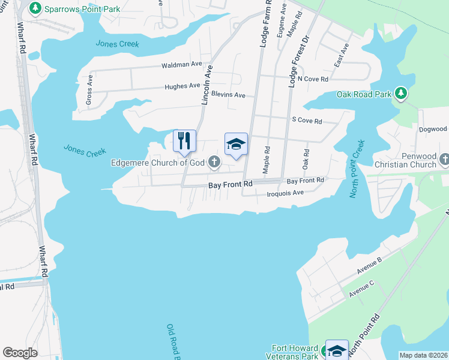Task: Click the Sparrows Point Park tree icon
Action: coord(35,9)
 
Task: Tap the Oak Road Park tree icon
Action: coord(401,94)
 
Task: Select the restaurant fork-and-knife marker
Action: coord(185,141)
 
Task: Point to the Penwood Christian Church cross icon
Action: coord(444,159)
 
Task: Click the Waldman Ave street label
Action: coord(181,64)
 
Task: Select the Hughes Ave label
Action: coord(182,86)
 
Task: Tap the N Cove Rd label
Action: coord(313,79)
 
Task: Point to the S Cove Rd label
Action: coord(307,121)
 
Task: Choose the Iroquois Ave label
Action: coord(285,193)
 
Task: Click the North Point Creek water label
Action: coord(357,168)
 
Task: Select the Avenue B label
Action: coord(369,266)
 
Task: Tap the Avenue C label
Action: coord(361,288)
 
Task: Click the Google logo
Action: coord(20,353)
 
